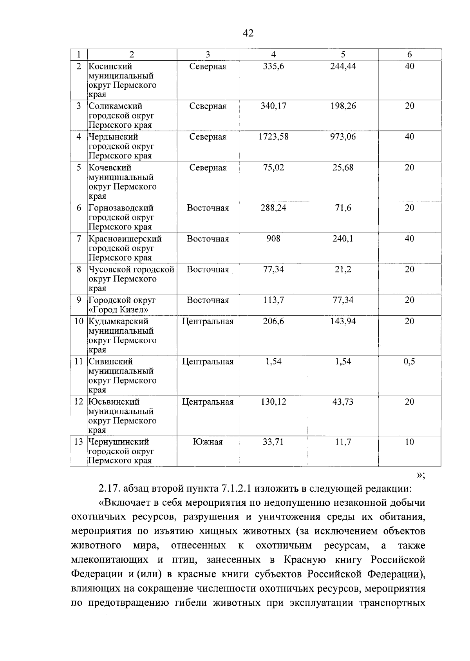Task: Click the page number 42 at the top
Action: point(248,33)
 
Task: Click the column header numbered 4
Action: point(273,54)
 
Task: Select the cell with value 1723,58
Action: point(273,137)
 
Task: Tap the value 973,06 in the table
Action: point(343,137)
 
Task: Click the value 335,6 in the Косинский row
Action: point(273,66)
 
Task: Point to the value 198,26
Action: point(343,106)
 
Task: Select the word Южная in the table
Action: point(208,442)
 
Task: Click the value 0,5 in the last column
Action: point(409,361)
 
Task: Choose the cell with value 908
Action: point(273,239)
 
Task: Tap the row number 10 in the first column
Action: point(79,321)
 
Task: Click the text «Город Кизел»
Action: point(118,310)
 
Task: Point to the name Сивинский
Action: point(110,361)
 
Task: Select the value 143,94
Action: point(343,321)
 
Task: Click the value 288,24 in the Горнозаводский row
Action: point(273,208)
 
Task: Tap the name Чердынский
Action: point(113,137)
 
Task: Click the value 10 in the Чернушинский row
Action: point(409,442)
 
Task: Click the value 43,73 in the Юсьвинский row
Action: point(343,402)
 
